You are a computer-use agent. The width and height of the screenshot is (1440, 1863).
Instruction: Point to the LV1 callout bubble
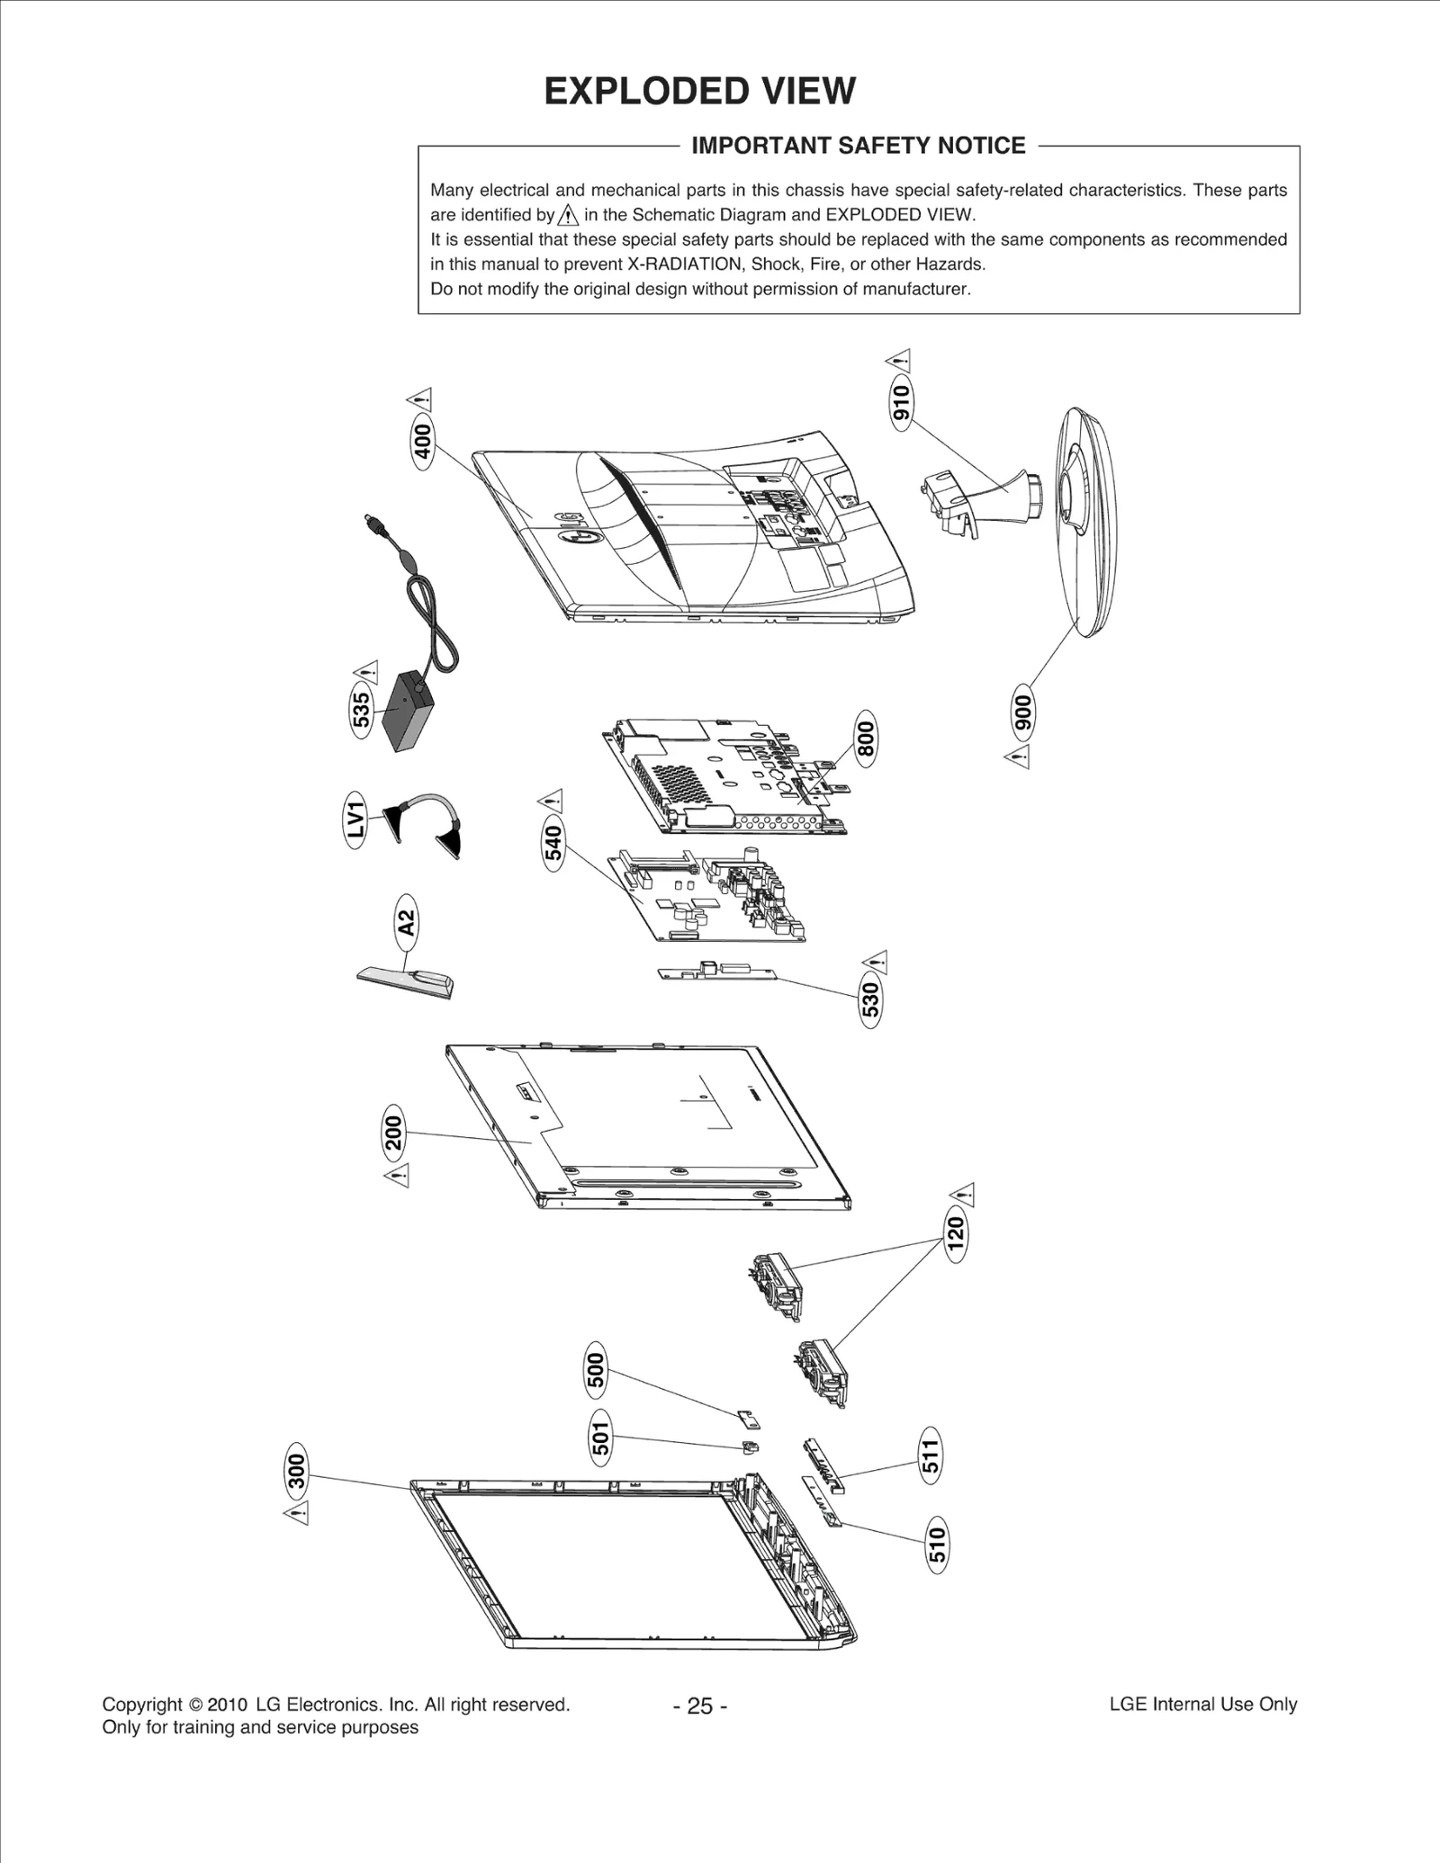coord(357,820)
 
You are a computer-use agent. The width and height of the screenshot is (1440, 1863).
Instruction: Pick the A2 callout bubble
coord(407,923)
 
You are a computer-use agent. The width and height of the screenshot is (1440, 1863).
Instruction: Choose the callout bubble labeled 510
coord(937,1545)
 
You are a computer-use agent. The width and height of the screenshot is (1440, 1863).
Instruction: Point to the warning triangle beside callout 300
coord(296,1513)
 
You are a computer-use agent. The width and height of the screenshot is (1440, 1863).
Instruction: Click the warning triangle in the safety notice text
coord(568,215)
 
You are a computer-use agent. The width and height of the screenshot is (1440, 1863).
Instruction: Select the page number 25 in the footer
coord(699,1706)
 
